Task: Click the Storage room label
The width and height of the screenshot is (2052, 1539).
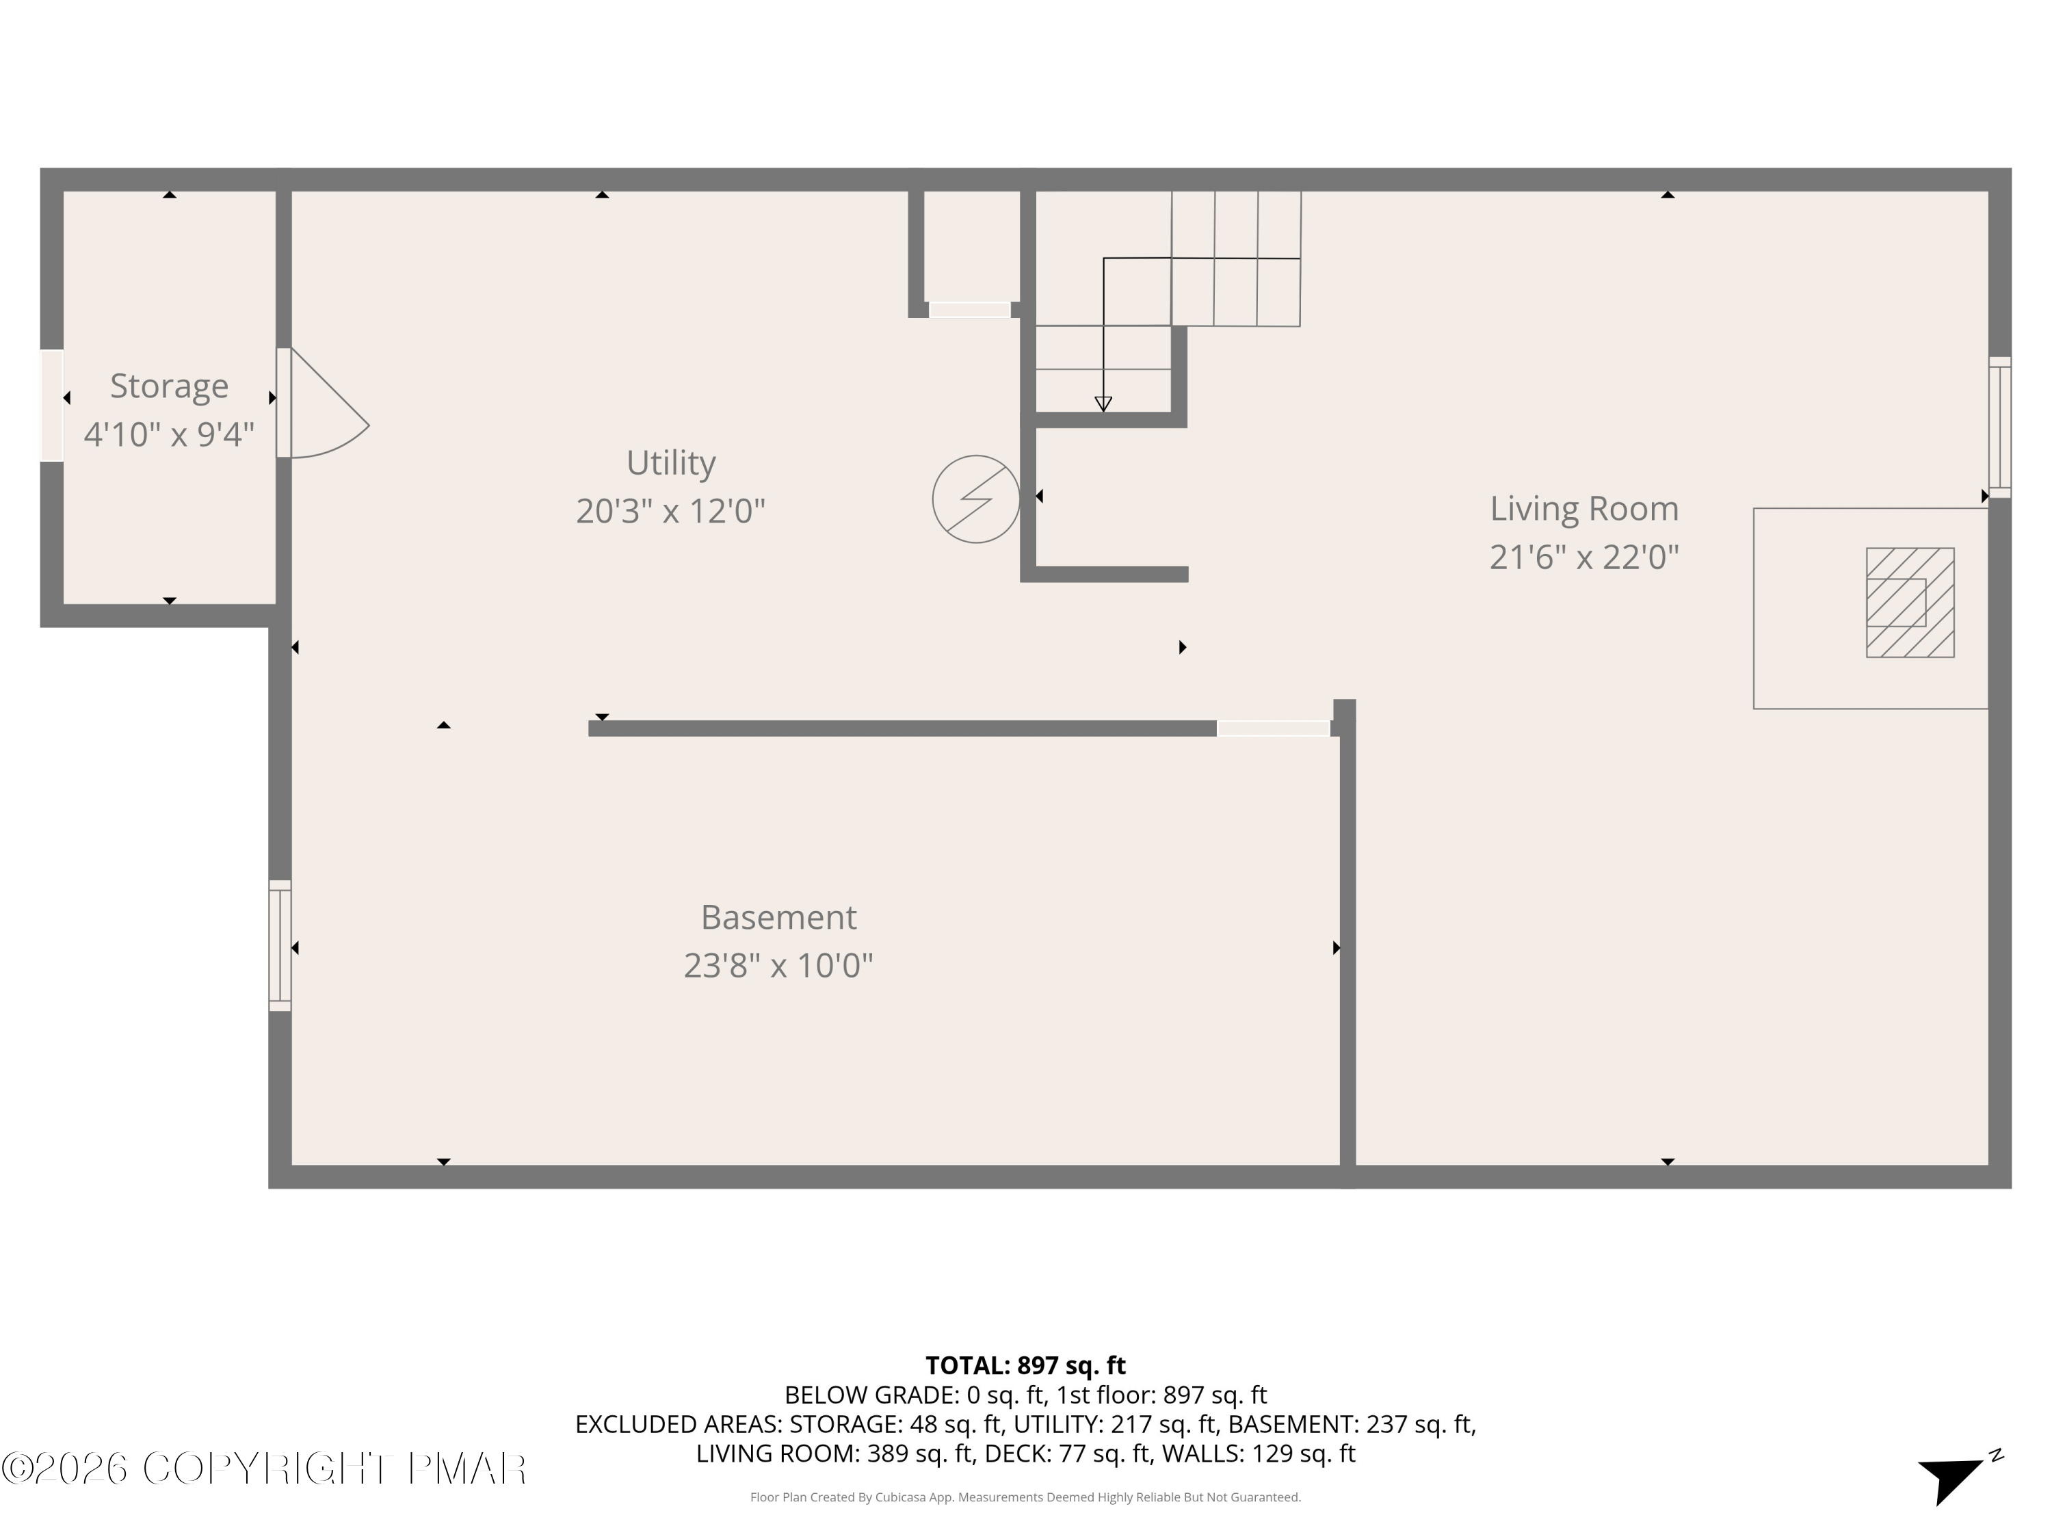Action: [x=169, y=386]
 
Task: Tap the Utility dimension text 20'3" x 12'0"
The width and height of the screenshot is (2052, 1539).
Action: [x=670, y=511]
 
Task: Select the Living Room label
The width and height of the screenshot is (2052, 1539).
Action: [x=1583, y=508]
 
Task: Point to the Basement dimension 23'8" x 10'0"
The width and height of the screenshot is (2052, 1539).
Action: [x=778, y=966]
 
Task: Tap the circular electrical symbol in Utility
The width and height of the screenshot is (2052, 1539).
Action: [x=976, y=499]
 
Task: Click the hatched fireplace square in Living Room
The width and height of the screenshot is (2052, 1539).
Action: [x=1910, y=603]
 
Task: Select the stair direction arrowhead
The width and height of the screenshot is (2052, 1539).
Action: [x=1103, y=404]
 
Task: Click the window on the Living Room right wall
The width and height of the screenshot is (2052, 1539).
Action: [x=1999, y=427]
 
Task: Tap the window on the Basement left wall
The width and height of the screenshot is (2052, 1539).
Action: [x=280, y=945]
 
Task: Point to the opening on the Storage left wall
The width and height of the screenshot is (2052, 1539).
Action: [x=52, y=406]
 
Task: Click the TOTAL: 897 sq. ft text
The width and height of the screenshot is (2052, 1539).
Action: [x=1025, y=1365]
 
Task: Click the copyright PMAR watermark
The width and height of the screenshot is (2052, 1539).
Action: [x=265, y=1469]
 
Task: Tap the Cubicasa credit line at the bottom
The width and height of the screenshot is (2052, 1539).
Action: [x=1025, y=1497]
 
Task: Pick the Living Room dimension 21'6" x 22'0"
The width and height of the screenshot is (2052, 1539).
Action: [x=1583, y=557]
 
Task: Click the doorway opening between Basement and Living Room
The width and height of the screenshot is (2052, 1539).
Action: [x=1273, y=729]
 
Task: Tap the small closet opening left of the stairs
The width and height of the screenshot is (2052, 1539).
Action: [x=969, y=310]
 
